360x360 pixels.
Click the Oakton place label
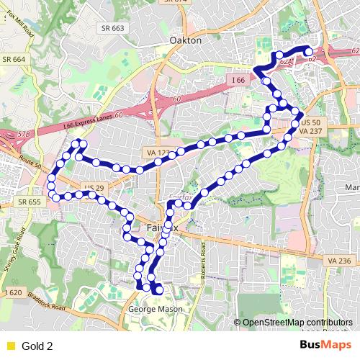186,41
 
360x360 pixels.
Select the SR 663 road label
113,28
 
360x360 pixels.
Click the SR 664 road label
14,59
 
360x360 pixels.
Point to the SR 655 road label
30,202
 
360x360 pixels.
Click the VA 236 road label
338,261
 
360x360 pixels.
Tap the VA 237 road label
311,132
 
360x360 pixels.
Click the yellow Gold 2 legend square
10,346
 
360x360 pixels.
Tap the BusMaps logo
325,345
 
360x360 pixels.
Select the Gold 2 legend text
38,346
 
